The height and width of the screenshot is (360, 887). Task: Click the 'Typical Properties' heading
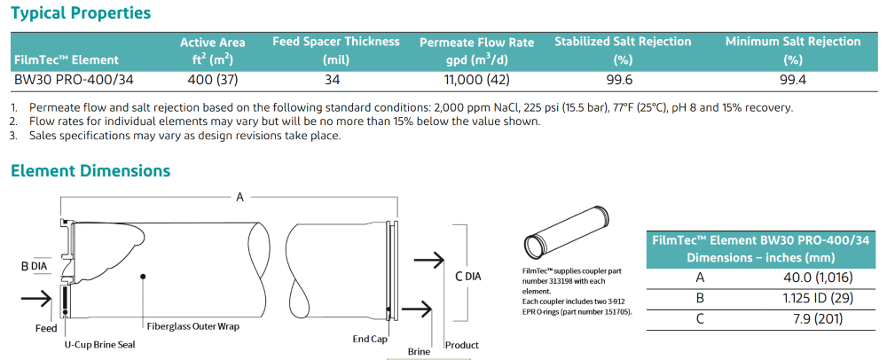(x=81, y=13)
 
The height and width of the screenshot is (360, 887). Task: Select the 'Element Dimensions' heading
(x=90, y=170)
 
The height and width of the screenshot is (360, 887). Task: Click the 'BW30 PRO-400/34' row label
(x=74, y=81)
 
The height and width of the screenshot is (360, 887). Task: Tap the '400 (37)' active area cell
(x=213, y=81)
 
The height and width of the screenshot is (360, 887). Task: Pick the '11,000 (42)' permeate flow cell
(x=477, y=81)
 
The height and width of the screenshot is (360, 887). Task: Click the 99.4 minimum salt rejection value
(x=792, y=81)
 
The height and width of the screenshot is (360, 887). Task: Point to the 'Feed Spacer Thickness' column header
(x=336, y=42)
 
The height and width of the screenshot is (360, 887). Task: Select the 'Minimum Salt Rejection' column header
(x=793, y=42)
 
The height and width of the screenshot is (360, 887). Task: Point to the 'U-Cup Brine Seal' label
(x=100, y=344)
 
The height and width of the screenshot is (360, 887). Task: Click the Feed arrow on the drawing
(x=35, y=299)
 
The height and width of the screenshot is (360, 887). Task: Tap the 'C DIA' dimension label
(x=468, y=277)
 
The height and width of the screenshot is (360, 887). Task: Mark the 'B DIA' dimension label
(x=34, y=267)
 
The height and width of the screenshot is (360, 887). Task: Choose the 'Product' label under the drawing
(x=461, y=345)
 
